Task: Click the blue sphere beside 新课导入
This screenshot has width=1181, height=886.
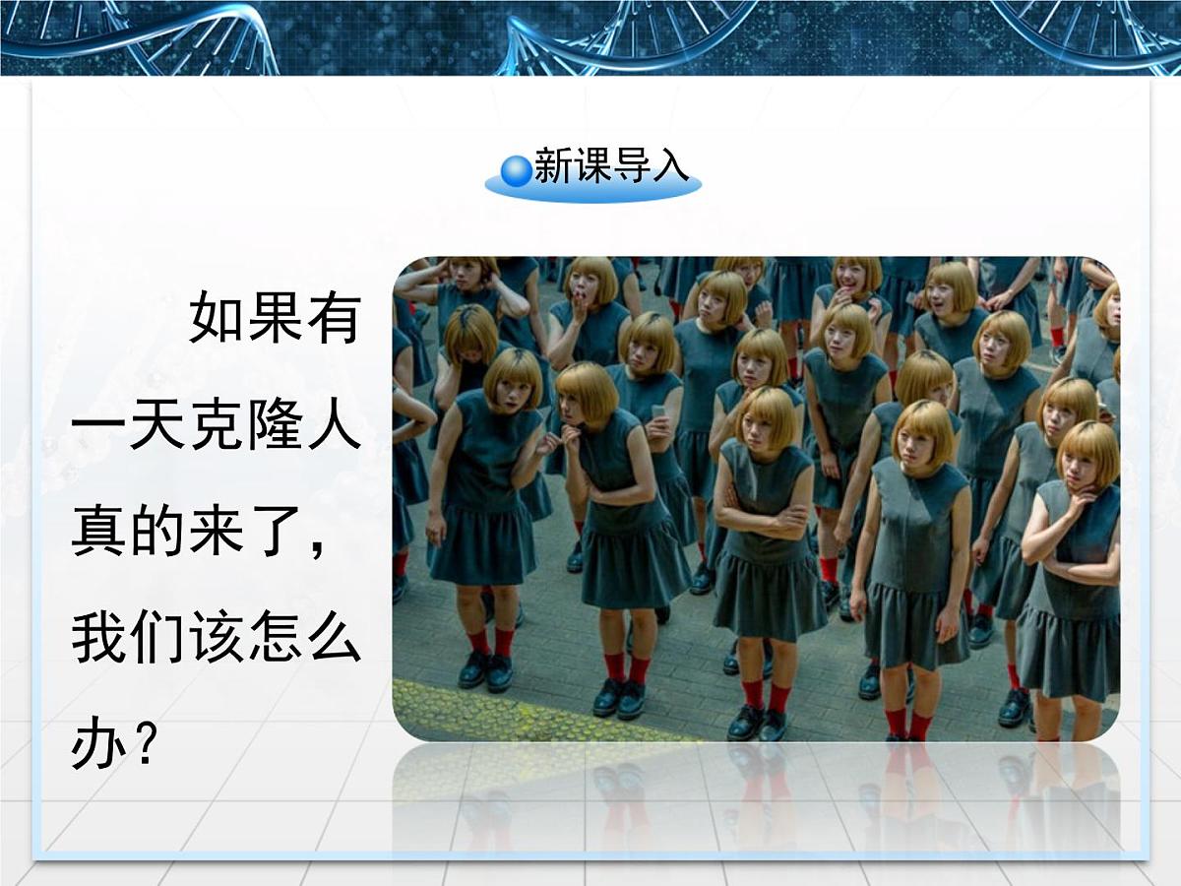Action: pyautogui.click(x=516, y=171)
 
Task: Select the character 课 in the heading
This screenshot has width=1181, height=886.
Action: pyautogui.click(x=592, y=166)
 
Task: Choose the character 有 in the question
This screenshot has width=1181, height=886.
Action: pyautogui.click(x=334, y=316)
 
